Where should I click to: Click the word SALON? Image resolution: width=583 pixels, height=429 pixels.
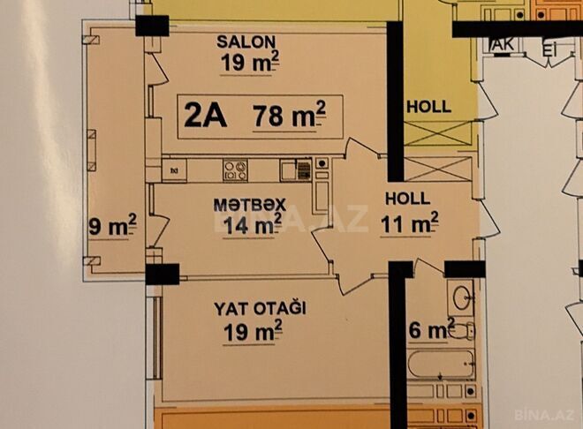click(247, 41)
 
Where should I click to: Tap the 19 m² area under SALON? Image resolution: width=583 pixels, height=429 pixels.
click(251, 61)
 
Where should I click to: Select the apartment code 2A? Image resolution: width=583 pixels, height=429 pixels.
click(205, 116)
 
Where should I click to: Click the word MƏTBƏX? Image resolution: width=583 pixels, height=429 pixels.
click(249, 204)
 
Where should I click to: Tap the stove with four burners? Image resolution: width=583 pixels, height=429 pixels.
click(235, 168)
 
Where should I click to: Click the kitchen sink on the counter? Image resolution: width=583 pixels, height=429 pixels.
click(295, 168)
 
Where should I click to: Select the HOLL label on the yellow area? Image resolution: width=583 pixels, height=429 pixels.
click(428, 107)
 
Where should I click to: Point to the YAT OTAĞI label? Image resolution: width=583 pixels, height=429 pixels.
click(259, 309)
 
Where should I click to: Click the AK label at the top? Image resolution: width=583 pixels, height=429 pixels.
click(503, 46)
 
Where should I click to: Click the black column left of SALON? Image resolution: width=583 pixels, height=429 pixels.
click(152, 26)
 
